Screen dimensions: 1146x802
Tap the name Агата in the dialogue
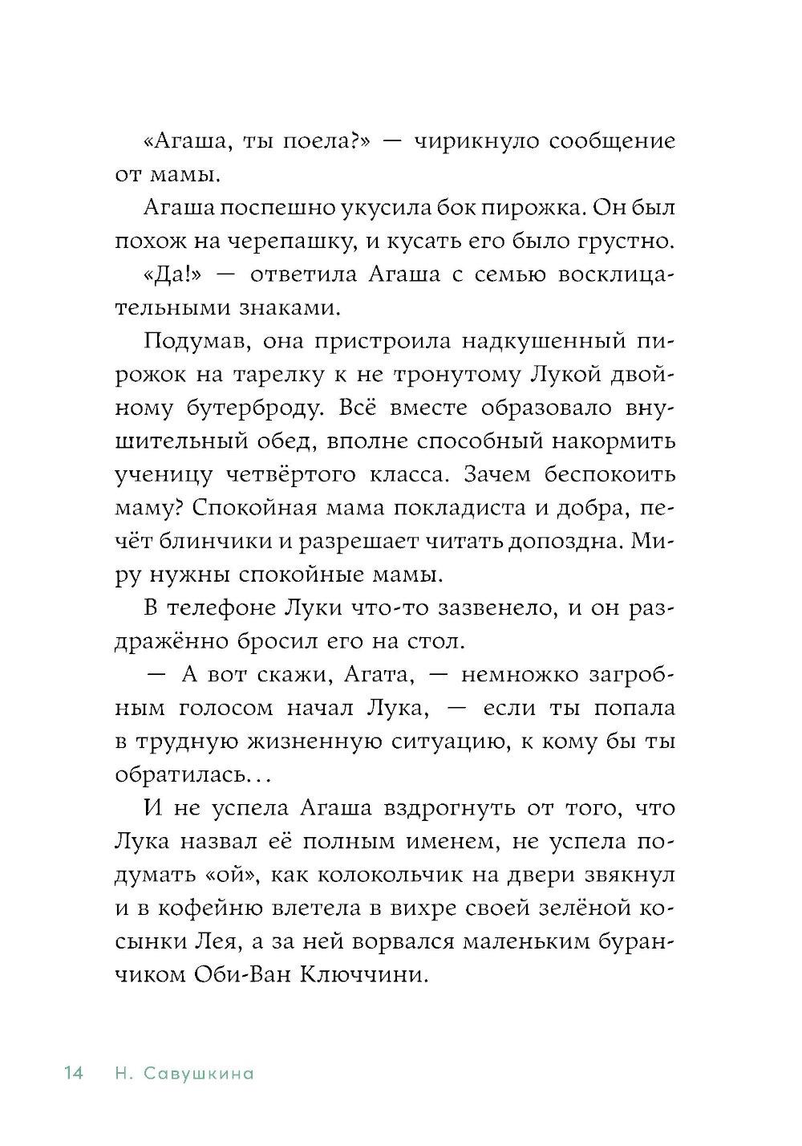tap(377, 676)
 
